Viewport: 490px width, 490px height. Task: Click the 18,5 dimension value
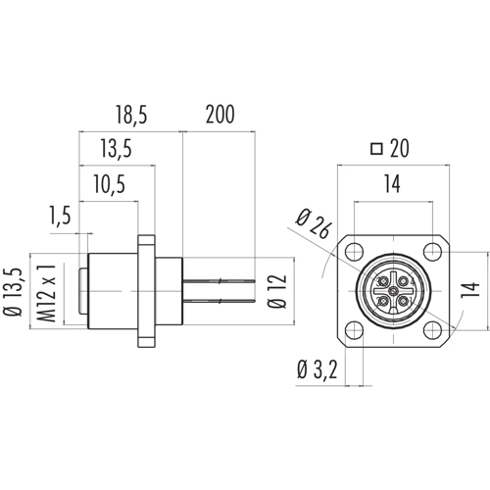tap(131, 115)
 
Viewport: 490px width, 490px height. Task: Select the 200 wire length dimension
tap(220, 115)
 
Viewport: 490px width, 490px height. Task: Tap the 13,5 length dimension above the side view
tap(116, 149)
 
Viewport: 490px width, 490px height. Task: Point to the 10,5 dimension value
tap(110, 184)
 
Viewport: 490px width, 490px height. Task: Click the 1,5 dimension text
tap(60, 216)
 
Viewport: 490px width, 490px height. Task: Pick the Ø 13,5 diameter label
tap(14, 292)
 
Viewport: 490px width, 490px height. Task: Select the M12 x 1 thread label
tap(46, 293)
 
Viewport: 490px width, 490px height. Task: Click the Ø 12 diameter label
tap(277, 291)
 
